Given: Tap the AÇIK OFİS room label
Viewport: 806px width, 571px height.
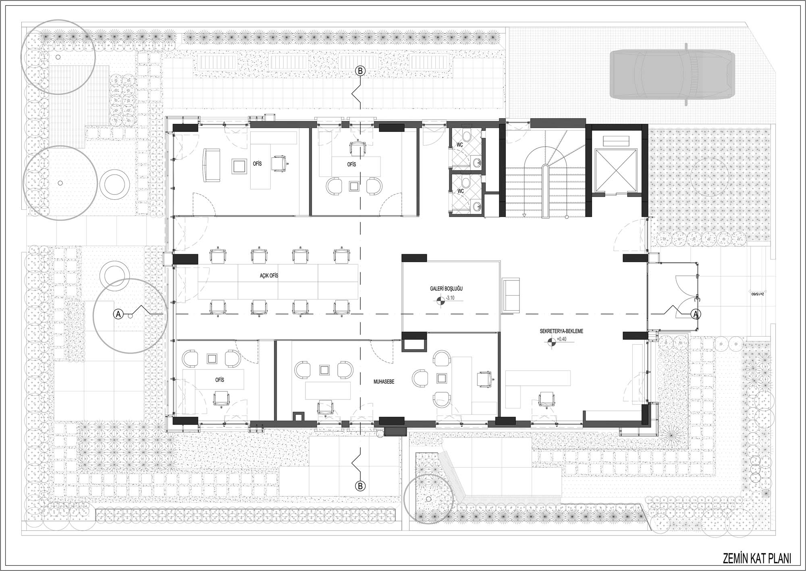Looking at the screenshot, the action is [x=269, y=276].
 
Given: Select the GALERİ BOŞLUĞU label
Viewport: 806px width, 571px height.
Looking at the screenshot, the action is [x=446, y=289].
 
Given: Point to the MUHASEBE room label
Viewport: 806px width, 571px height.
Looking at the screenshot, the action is [x=383, y=381].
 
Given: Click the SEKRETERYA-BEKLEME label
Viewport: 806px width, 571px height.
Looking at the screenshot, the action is [x=561, y=331].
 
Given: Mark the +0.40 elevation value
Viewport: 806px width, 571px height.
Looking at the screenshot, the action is [x=561, y=339].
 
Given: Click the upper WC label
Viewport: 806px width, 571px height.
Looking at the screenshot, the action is [x=459, y=144].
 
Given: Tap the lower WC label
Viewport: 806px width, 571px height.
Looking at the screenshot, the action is [x=460, y=191].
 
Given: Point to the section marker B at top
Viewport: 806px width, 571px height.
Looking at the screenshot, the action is [x=360, y=71].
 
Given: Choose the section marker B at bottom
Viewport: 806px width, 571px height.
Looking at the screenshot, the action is [x=360, y=486].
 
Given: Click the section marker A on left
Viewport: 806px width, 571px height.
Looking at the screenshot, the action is [x=118, y=314].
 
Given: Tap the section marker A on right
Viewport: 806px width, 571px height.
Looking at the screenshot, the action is [x=696, y=314].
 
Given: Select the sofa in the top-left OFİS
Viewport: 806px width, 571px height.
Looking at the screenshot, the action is [x=211, y=165].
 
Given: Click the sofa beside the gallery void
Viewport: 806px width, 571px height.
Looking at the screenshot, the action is [x=511, y=295].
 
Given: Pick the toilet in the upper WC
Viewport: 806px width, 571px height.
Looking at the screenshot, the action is [x=467, y=135].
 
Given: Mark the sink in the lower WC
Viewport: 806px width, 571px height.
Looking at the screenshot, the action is [x=478, y=207].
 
